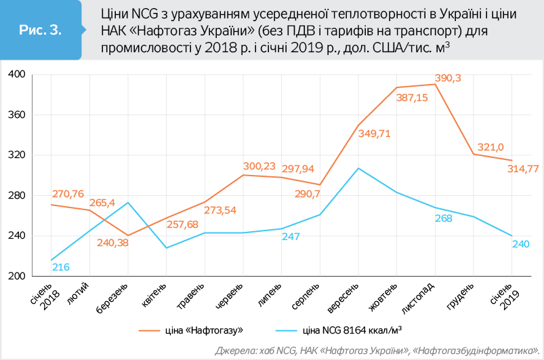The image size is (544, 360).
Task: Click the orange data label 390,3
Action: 447,79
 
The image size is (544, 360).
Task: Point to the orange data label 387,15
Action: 413,98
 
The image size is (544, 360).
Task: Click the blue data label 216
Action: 61,267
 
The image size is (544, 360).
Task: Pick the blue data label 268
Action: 444,218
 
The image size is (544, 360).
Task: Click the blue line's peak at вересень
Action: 358,168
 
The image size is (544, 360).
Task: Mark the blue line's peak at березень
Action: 128,203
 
